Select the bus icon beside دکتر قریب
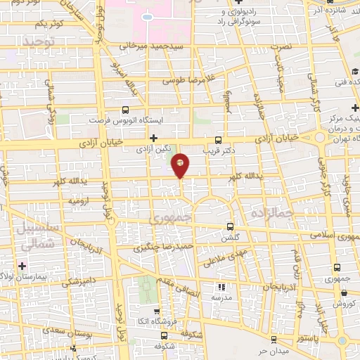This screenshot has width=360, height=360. coord(219,139)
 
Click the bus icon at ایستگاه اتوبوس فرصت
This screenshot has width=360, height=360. coord(125,110)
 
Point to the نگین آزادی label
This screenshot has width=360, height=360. coord(153,149)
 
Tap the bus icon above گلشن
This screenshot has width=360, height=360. coord(231,227)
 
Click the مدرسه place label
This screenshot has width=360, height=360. coord(222,297)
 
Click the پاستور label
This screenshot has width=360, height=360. coord(307,338)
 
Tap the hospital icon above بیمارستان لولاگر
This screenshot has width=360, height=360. coord(23,265)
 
